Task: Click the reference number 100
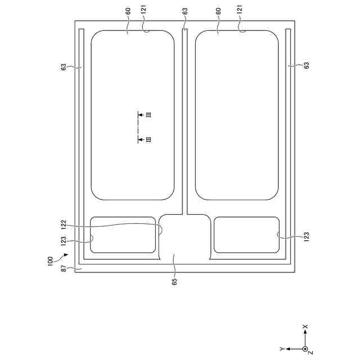point(50,261)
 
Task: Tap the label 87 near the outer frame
point(64,268)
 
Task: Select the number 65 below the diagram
point(174,282)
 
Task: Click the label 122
point(64,225)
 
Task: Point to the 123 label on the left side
point(64,241)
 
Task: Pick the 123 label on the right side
point(307,237)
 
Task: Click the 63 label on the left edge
point(64,67)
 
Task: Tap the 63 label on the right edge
point(307,65)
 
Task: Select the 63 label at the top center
point(185,11)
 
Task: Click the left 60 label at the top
point(128,11)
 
